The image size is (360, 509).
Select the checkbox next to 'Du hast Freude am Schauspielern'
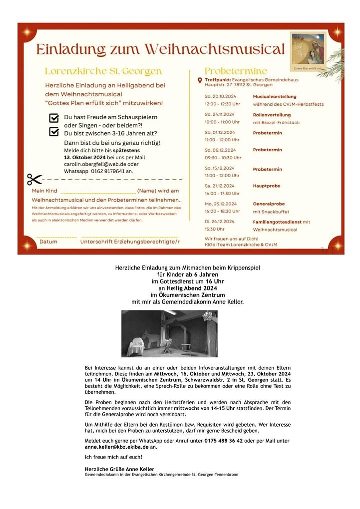tap(54, 118)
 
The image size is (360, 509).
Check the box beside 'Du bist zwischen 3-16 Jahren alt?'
tap(54, 132)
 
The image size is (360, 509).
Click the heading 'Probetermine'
tap(236, 71)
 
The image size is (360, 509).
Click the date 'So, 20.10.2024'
tap(220, 96)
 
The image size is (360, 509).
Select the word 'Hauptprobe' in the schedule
tap(267, 186)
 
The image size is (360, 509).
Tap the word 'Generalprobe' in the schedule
tap(269, 204)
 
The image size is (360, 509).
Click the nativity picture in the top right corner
tap(309, 51)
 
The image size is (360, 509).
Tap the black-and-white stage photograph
tap(169, 333)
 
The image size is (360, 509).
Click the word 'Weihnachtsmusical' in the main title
tap(215, 49)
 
